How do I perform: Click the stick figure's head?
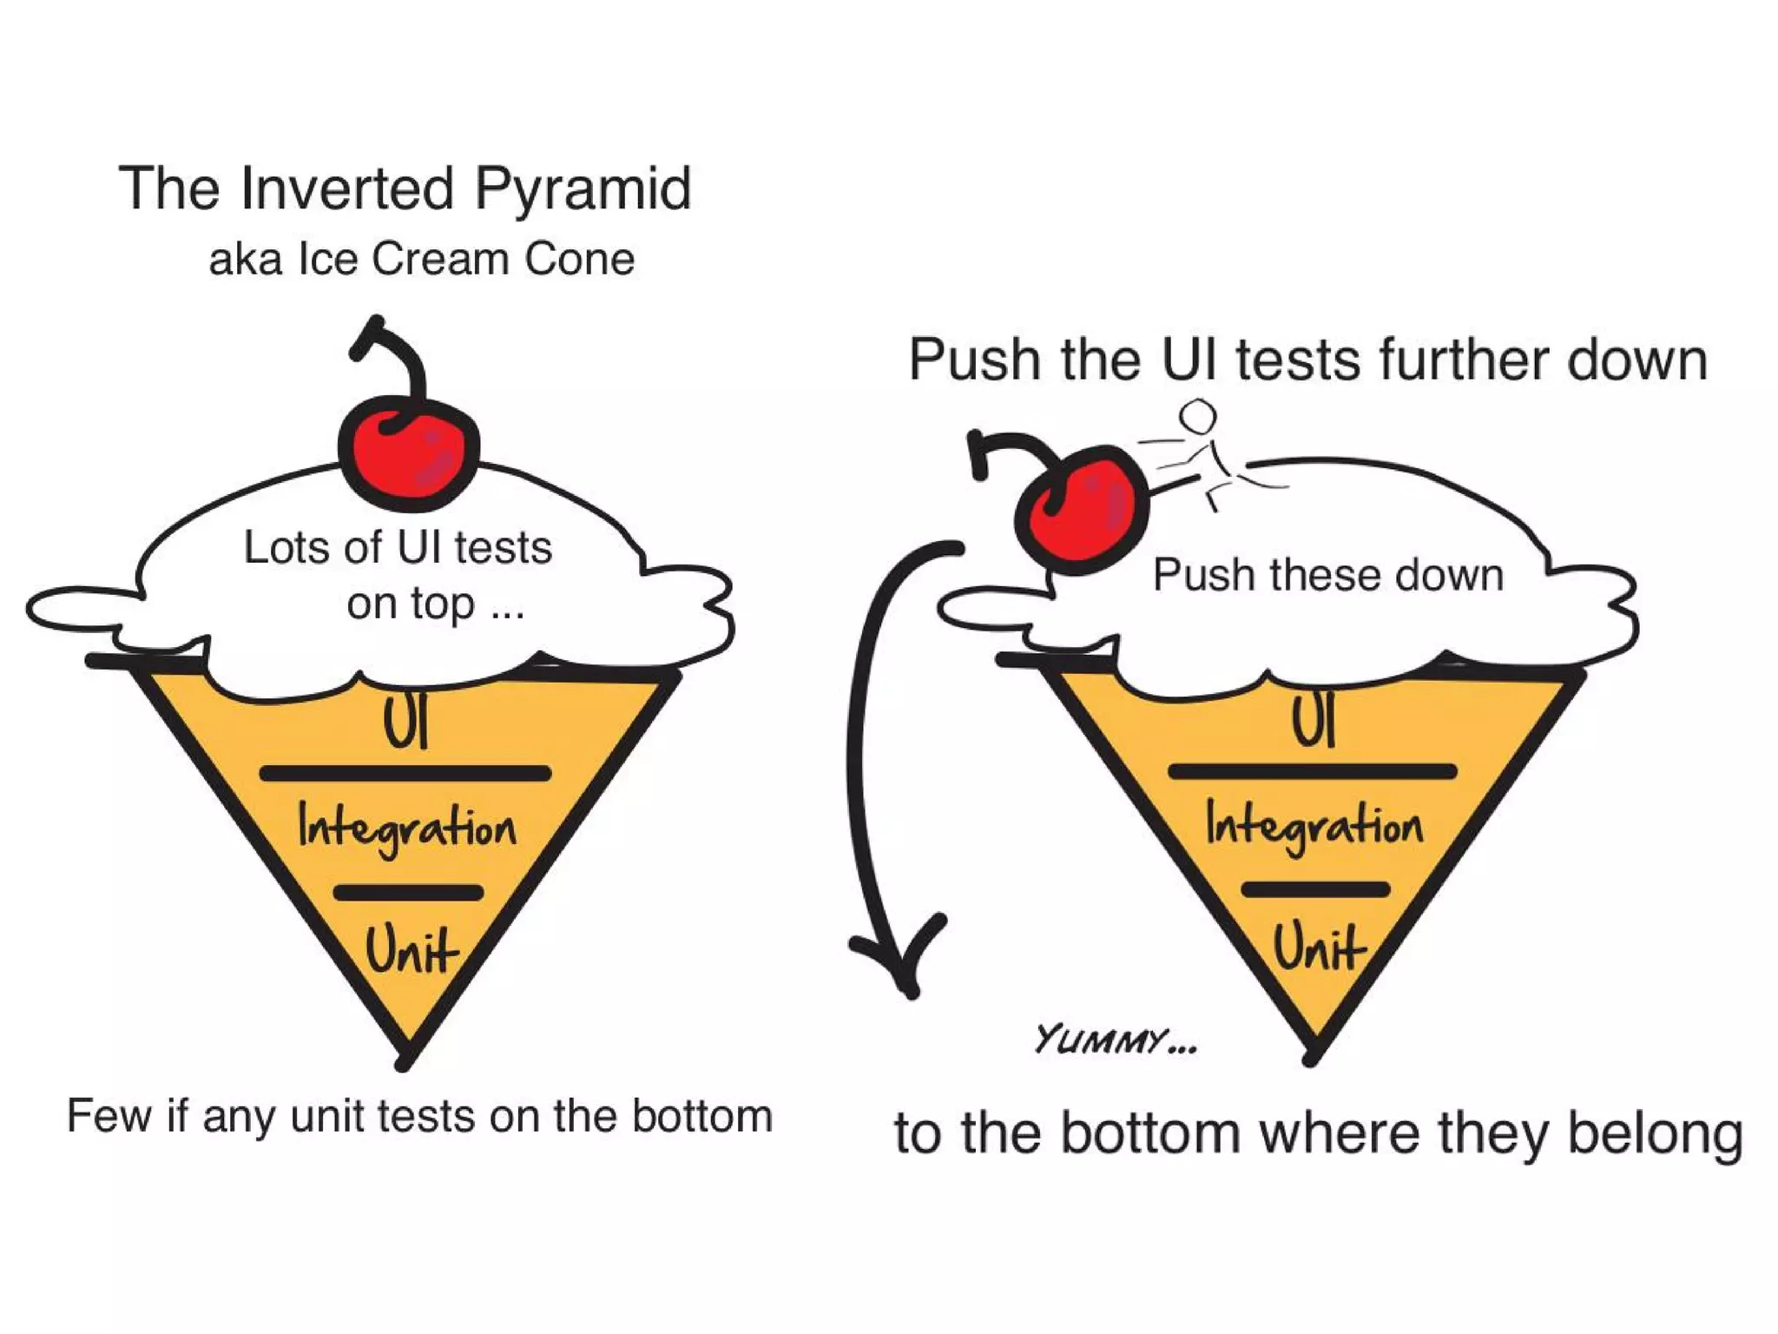click(x=1198, y=415)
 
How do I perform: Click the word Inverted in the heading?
click(x=347, y=188)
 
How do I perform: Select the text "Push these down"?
click(x=1327, y=575)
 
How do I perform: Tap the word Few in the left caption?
click(x=109, y=1116)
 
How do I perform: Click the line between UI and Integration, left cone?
click(x=405, y=773)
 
